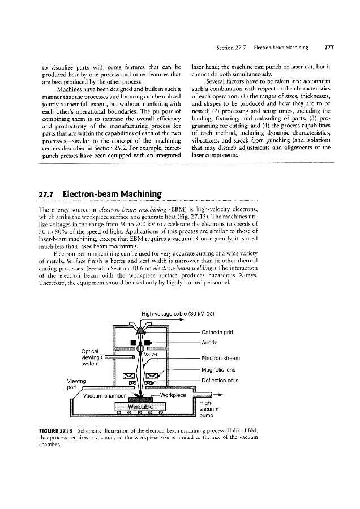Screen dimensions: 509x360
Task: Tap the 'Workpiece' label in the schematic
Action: (x=174, y=394)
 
